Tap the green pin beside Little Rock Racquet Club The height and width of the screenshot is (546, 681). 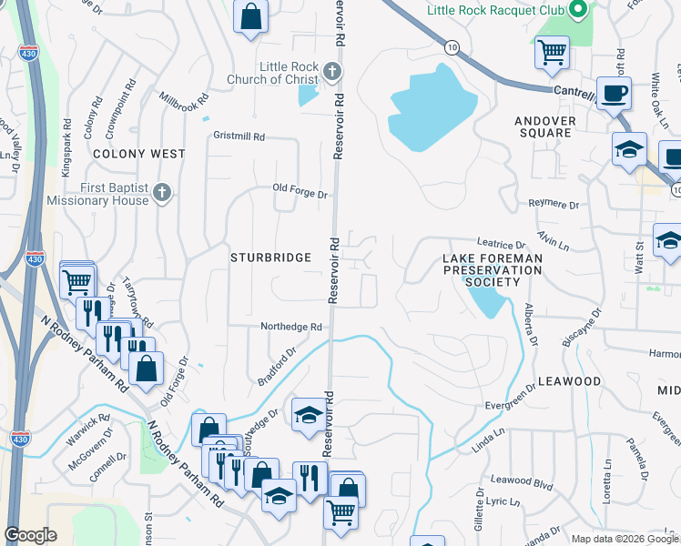575,11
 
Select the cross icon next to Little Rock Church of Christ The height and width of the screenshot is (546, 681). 332,70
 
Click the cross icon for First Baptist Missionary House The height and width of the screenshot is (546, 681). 161,192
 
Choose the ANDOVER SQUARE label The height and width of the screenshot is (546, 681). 544,126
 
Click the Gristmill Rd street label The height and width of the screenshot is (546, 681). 239,136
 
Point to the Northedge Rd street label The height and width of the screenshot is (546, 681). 291,327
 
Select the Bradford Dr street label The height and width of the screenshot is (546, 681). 277,367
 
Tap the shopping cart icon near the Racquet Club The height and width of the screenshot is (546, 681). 552,51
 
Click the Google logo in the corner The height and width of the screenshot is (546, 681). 31,534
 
